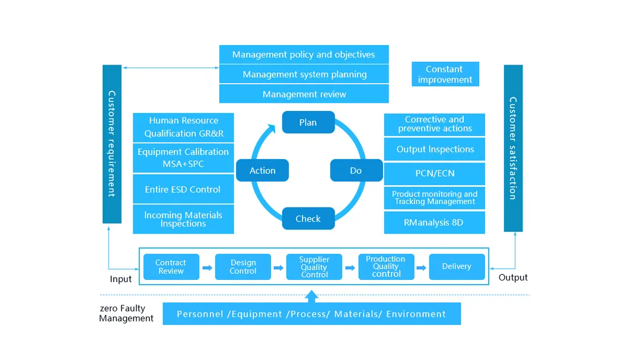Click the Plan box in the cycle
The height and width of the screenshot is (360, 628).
[308, 122]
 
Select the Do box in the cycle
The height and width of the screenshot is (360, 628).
[355, 170]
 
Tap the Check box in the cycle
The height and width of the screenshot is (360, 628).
[308, 218]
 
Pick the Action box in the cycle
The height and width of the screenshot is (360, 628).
[262, 170]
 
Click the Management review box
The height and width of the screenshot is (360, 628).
[304, 94]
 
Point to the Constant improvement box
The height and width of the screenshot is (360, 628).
[445, 75]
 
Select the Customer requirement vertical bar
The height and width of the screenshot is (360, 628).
[111, 144]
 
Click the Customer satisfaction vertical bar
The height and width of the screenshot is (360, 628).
[513, 148]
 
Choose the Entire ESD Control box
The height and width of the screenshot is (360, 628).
[183, 190]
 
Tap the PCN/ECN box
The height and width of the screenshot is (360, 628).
[434, 174]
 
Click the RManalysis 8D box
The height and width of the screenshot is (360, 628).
[434, 222]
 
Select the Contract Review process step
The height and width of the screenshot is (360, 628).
[171, 267]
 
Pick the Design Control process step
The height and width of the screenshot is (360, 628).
[243, 267]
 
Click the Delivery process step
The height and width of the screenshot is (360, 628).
[457, 267]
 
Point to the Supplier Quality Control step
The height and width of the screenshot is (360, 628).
[314, 267]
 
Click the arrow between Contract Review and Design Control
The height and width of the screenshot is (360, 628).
[207, 267]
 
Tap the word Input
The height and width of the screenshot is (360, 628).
[121, 279]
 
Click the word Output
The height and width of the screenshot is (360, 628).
[513, 278]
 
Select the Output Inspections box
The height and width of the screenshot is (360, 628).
[434, 149]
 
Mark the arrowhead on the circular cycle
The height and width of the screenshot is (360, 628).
[271, 128]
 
